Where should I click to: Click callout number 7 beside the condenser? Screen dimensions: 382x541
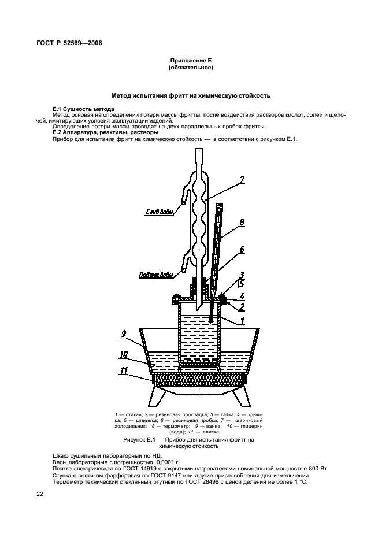pyautogui.click(x=242, y=180)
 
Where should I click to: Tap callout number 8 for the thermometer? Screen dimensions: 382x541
pyautogui.click(x=242, y=223)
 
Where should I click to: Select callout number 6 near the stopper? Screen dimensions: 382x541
pyautogui.click(x=242, y=249)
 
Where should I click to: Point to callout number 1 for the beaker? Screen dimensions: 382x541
pyautogui.click(x=242, y=321)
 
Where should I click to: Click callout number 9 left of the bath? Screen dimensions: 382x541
pyautogui.click(x=124, y=334)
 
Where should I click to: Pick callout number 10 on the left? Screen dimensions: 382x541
pyautogui.click(x=124, y=355)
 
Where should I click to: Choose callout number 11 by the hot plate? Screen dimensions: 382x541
pyautogui.click(x=123, y=371)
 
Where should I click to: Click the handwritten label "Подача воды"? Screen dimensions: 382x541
pyautogui.click(x=155, y=275)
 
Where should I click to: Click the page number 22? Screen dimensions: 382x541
pyautogui.click(x=40, y=494)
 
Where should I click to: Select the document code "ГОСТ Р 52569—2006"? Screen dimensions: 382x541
pyautogui.click(x=69, y=43)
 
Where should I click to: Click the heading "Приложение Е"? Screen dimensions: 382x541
pyautogui.click(x=191, y=61)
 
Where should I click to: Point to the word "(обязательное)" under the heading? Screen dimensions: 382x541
pyautogui.click(x=191, y=68)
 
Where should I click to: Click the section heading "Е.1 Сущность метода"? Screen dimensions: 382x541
pyautogui.click(x=83, y=109)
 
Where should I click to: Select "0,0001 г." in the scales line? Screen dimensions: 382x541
pyautogui.click(x=168, y=462)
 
